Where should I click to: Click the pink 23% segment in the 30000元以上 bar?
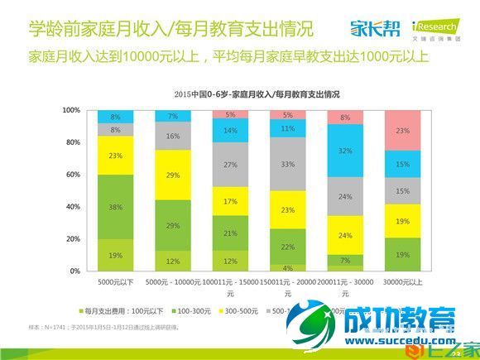[403, 130]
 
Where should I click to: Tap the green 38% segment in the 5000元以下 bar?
[116, 208]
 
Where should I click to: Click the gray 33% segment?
[288, 164]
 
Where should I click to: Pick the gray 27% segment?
[231, 164]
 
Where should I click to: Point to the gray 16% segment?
[173, 136]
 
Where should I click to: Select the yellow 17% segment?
[231, 201]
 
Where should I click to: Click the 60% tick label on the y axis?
[73, 175]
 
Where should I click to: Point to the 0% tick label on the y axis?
[74, 271]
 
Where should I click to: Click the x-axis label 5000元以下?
[115, 282]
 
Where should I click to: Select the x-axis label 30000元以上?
[403, 282]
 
